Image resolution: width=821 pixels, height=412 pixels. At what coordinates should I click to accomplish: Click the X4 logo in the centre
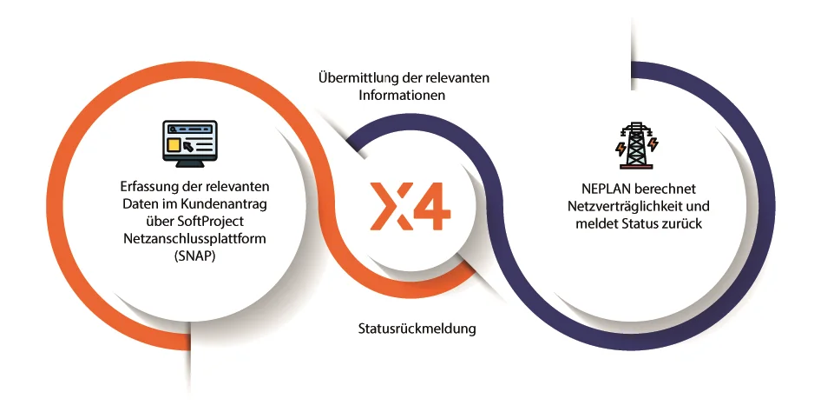pos(410,206)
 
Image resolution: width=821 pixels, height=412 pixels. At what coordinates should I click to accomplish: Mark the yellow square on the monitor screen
pos(174,144)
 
